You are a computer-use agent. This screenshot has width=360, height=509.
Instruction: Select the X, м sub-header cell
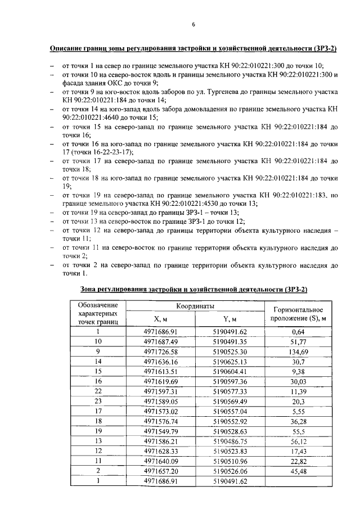160,319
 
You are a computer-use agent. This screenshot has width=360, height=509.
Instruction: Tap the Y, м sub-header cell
230,319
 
